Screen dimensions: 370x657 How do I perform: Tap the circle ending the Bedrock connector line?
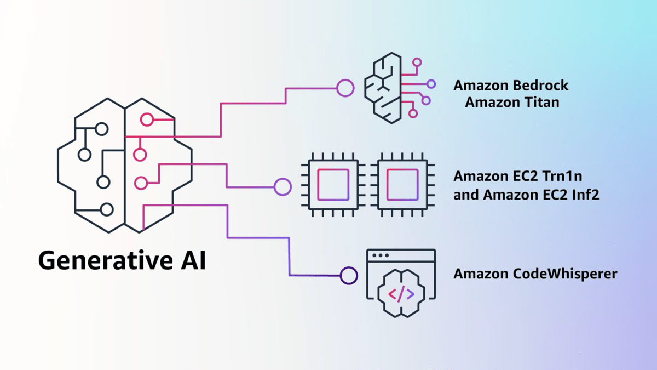(x=345, y=88)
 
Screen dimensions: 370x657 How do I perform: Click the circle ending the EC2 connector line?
(x=283, y=187)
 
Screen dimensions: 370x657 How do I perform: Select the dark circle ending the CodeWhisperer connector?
(x=349, y=275)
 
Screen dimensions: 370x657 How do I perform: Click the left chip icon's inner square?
(x=333, y=185)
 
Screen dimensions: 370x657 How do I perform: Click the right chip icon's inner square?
(x=402, y=185)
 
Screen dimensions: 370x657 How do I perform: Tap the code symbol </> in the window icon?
(x=401, y=294)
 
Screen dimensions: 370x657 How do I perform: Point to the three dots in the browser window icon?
(x=380, y=255)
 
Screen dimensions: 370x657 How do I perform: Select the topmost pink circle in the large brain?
(x=146, y=119)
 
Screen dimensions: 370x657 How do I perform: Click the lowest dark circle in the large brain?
(x=107, y=209)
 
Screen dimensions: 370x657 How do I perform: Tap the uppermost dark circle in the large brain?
(x=101, y=129)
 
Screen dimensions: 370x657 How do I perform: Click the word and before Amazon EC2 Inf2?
(x=466, y=193)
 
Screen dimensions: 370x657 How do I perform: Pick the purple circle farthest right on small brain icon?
(x=431, y=84)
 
